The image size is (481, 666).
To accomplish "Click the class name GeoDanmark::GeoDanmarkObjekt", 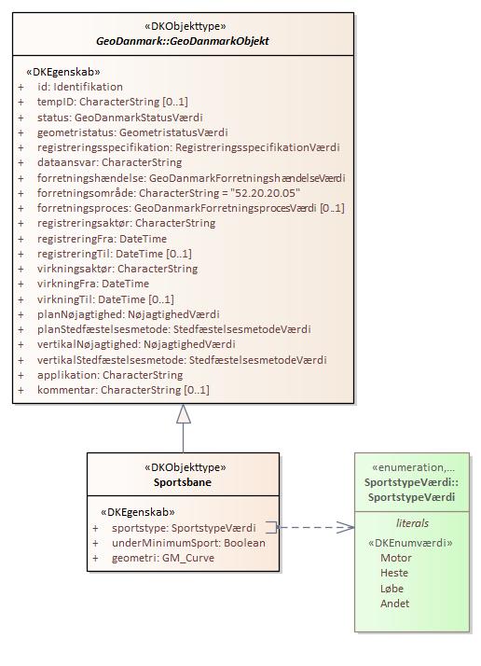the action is click(x=183, y=41).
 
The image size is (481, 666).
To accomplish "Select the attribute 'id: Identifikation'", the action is click(x=80, y=87).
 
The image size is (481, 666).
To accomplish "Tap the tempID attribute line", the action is click(x=113, y=102).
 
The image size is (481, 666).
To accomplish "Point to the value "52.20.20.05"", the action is click(x=265, y=193).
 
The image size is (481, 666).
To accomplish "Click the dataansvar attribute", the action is click(x=110, y=162).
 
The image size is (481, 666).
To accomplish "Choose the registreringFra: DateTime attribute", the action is click(x=102, y=239).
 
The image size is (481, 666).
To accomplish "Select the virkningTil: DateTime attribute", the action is click(x=105, y=299).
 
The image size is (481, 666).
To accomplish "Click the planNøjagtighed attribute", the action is click(x=129, y=314).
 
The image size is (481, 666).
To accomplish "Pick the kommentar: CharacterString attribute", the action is click(x=123, y=390).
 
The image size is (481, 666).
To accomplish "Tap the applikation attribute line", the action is click(x=110, y=375).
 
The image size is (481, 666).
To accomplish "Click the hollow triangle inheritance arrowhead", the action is click(x=184, y=414).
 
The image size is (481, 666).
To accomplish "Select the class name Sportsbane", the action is click(x=183, y=482).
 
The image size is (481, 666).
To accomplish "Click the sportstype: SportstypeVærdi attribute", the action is click(x=184, y=528).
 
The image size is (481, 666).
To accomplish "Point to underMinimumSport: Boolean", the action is click(x=188, y=543).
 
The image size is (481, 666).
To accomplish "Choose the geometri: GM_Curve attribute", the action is click(x=163, y=558).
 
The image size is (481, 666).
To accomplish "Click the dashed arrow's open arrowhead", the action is click(x=346, y=528).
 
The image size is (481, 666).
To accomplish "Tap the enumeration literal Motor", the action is click(x=396, y=558).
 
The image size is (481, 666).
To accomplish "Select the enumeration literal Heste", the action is click(x=394, y=573).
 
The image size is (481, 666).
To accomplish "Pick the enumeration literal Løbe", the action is click(x=392, y=589).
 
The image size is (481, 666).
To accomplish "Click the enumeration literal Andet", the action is click(x=395, y=604).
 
